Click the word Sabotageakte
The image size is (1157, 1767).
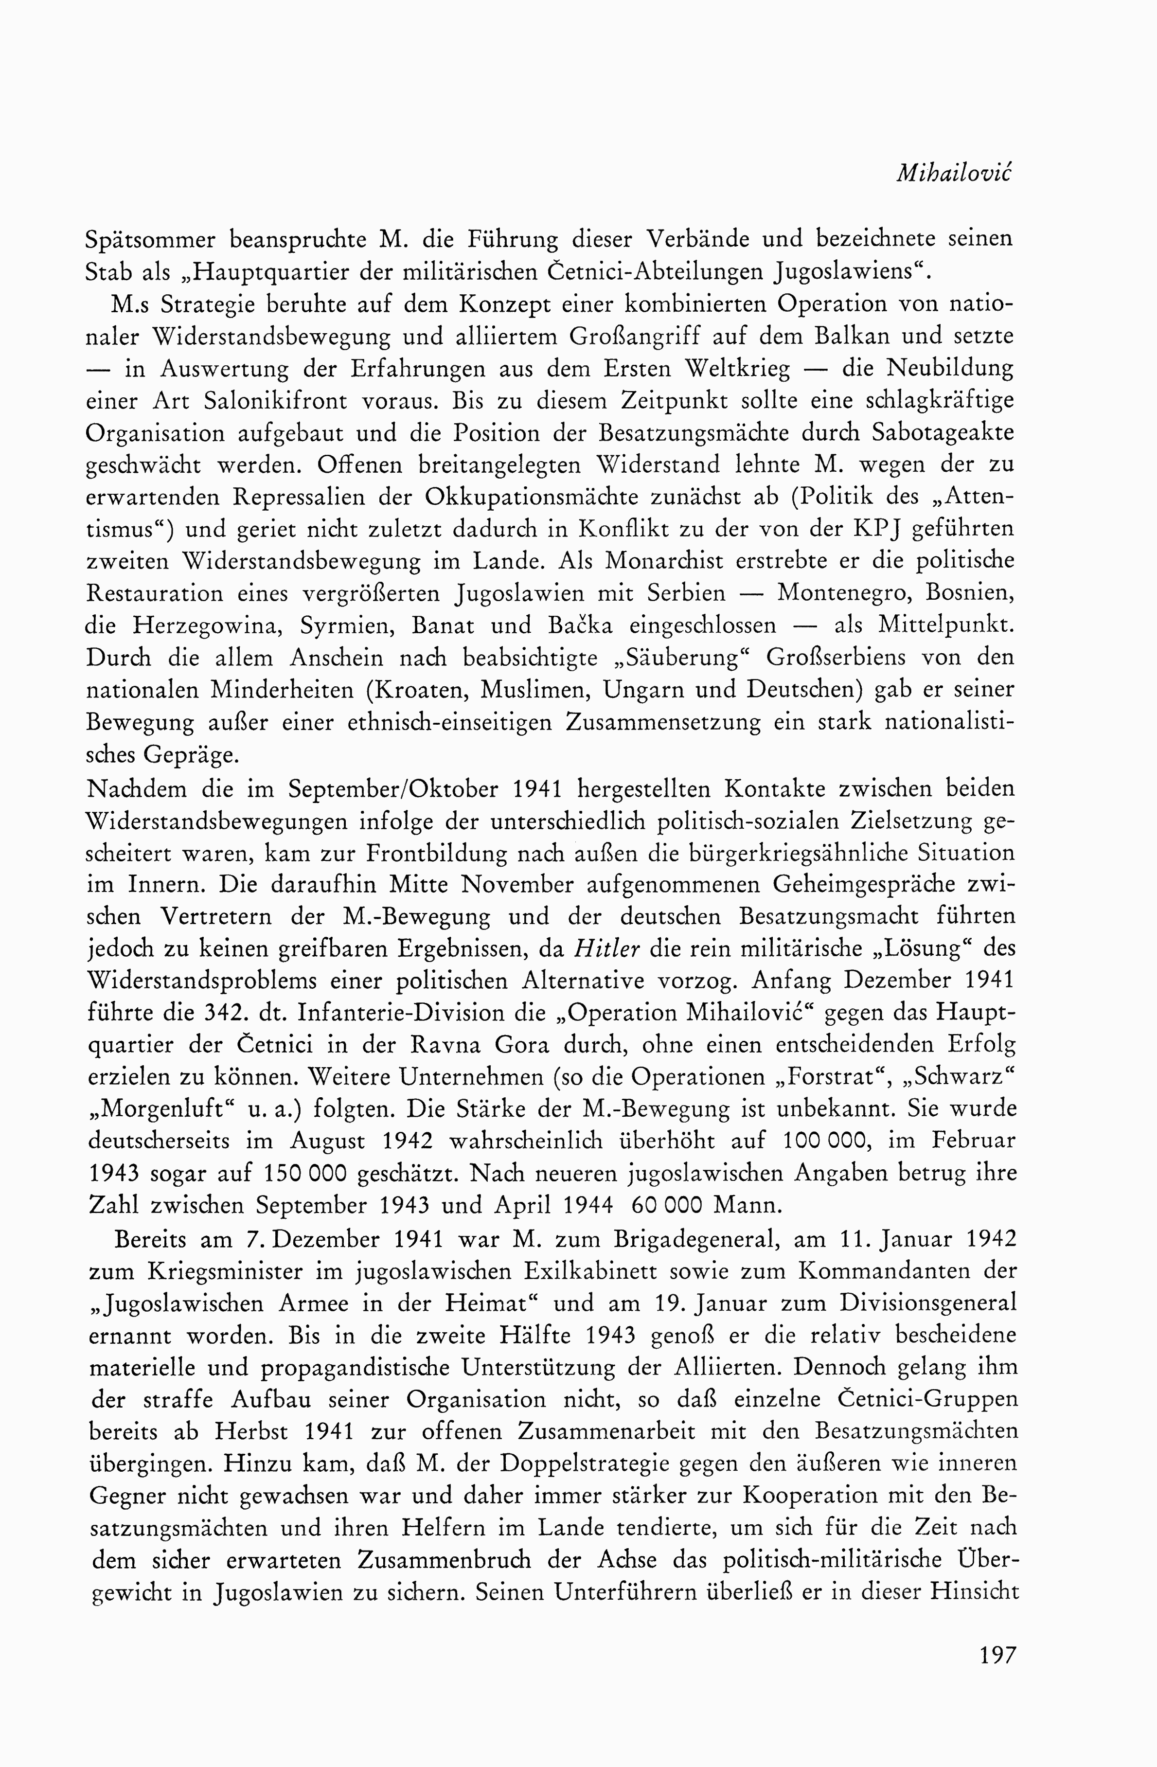(943, 433)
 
